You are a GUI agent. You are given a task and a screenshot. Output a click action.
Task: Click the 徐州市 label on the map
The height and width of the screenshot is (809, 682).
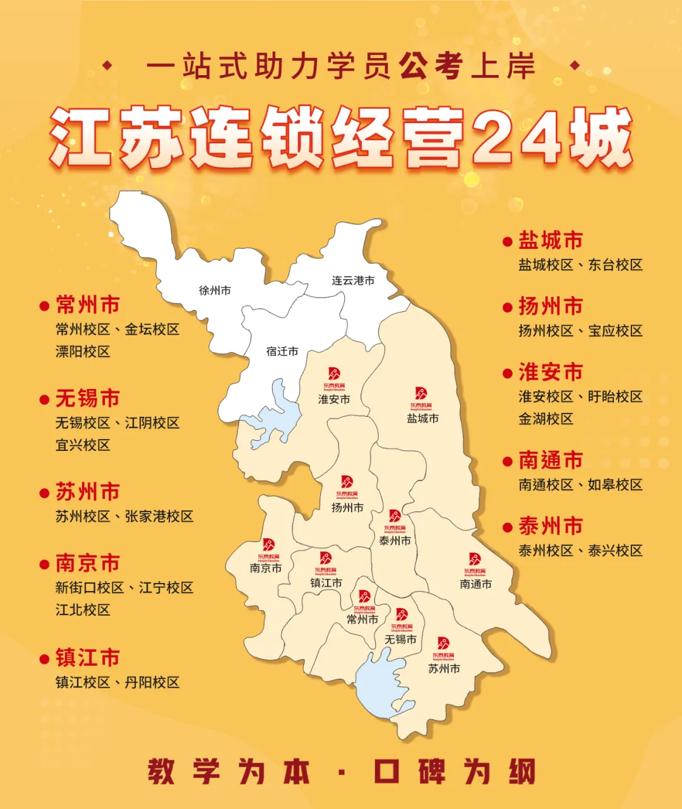pos(215,291)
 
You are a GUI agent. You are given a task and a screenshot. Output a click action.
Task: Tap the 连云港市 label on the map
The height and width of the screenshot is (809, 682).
pos(353,280)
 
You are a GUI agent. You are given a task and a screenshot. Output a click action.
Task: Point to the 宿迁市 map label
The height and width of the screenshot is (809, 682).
pos(282,351)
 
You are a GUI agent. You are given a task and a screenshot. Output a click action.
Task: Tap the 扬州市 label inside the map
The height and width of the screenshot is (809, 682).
pos(347,507)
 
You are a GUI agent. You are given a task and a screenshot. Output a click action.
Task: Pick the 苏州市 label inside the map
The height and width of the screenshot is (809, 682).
pos(444,668)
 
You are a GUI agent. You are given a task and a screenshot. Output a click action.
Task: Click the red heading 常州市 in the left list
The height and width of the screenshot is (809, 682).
pos(88,306)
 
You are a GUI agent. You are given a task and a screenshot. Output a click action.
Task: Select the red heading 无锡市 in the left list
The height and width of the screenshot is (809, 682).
pos(88,399)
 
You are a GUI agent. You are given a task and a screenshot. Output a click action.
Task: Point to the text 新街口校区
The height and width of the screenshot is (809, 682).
pos(90,588)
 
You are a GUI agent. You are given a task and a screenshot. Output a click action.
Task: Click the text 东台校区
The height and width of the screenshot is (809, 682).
pos(615,265)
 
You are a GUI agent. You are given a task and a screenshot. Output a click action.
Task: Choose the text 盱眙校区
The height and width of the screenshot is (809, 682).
pos(615,397)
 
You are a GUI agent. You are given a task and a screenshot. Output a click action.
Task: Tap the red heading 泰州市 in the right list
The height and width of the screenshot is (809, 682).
pos(551,526)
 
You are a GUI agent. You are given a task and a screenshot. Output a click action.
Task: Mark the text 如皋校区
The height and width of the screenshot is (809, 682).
pos(615,485)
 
